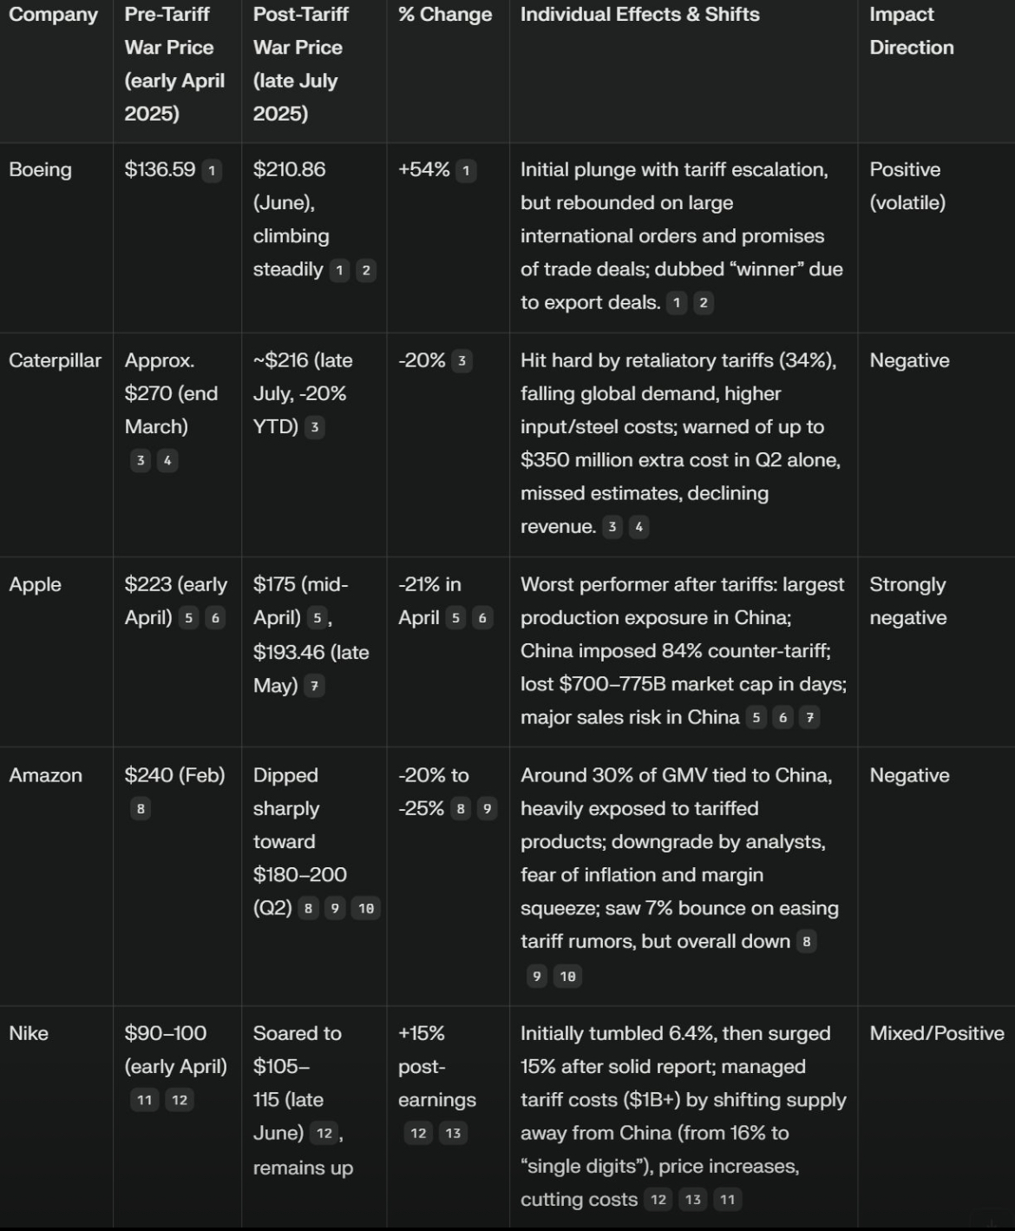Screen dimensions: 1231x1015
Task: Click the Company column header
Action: pos(53,15)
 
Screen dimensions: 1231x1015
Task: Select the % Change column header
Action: pos(445,15)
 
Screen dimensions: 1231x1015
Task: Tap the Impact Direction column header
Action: pos(911,30)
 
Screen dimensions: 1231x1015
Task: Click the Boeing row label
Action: pos(40,169)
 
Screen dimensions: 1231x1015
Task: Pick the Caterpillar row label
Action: pos(55,360)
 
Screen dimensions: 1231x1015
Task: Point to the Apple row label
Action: pos(35,584)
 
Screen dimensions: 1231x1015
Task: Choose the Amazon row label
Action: pos(45,775)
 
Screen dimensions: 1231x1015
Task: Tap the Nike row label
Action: pos(29,1033)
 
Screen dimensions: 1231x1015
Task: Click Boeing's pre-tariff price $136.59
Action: pos(160,169)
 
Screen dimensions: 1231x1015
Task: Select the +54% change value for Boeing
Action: pos(423,169)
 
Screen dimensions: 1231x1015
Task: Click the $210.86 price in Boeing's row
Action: pos(289,169)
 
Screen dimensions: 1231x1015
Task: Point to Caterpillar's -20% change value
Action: pos(422,360)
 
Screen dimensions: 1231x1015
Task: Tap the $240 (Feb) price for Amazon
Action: pos(174,775)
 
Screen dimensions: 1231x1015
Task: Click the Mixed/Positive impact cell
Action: pos(937,1033)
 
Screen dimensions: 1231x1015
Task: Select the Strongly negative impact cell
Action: pos(908,601)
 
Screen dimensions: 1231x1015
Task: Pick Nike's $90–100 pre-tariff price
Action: pos(166,1033)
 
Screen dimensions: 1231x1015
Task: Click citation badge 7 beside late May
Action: pos(314,686)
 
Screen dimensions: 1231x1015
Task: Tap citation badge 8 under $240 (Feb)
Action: pos(140,809)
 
